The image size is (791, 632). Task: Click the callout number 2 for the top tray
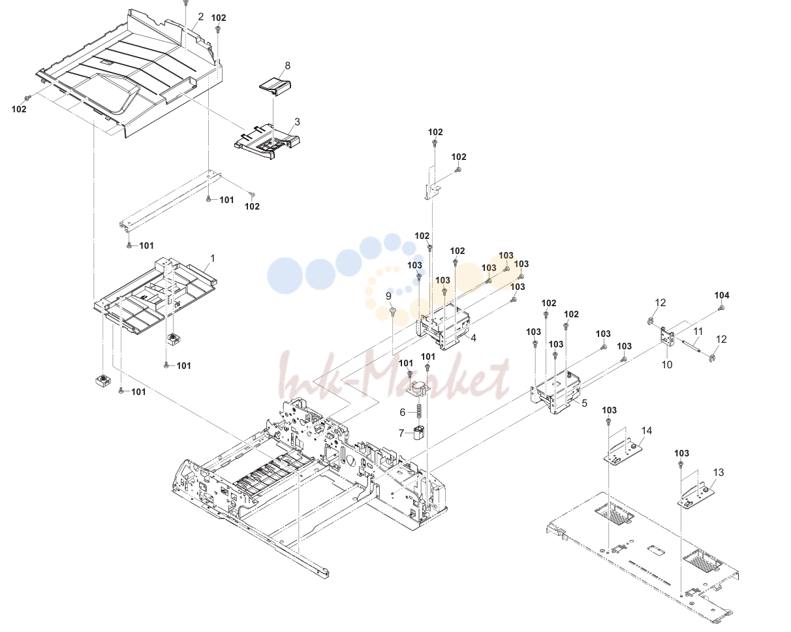(x=201, y=17)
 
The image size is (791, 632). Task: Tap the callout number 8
(x=287, y=66)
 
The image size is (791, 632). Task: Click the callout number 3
(x=297, y=121)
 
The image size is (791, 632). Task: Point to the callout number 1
(x=213, y=259)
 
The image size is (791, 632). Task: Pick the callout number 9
(x=388, y=296)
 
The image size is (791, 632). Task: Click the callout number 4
(x=473, y=338)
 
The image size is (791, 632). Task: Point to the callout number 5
(x=584, y=403)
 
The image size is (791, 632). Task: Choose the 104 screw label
(x=722, y=295)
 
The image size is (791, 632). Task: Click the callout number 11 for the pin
(x=698, y=332)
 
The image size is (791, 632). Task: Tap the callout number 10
(x=667, y=365)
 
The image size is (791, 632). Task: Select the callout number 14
(x=647, y=430)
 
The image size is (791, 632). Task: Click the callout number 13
(x=718, y=473)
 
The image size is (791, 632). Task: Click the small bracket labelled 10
(x=667, y=336)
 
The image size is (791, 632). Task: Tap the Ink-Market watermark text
(x=394, y=375)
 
